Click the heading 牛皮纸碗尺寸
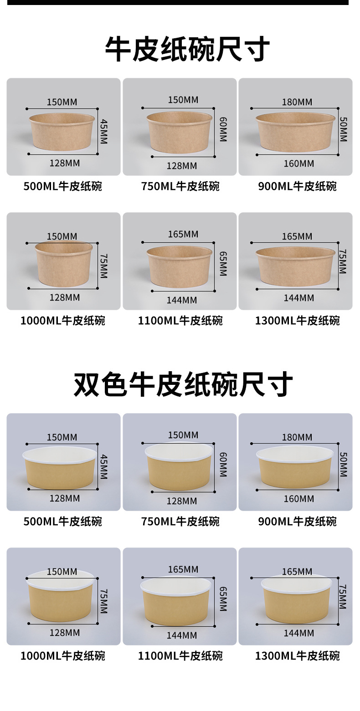[187, 49]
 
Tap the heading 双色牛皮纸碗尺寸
[183, 384]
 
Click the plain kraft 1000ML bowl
[64, 264]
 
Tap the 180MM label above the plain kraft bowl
[297, 102]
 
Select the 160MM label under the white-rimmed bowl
[298, 499]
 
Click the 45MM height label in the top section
[103, 132]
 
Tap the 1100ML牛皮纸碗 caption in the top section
[180, 321]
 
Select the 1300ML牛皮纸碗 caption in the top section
[297, 321]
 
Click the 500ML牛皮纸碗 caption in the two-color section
[63, 521]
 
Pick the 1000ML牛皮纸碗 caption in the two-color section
[63, 656]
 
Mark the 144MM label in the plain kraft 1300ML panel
[298, 298]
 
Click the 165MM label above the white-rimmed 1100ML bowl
[183, 569]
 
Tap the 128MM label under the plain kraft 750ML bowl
[181, 166]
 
